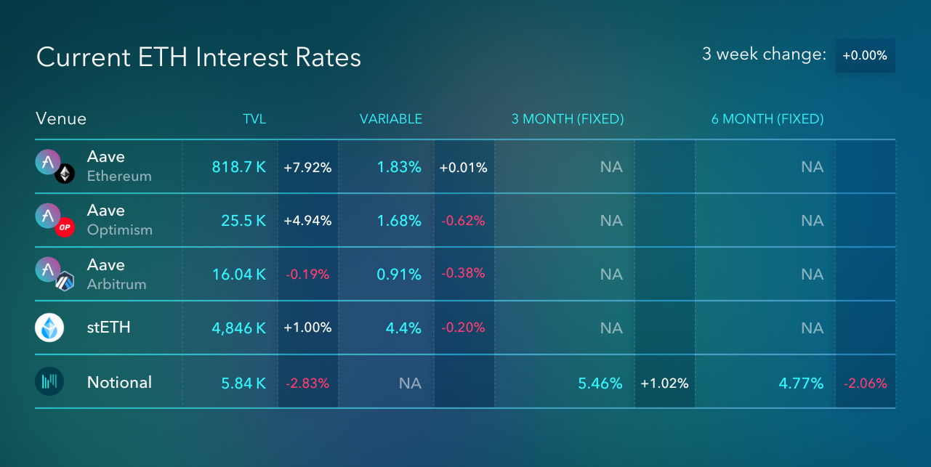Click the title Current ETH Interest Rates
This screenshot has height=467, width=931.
(198, 57)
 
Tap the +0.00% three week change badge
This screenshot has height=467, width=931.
(866, 55)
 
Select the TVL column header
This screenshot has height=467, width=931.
(254, 119)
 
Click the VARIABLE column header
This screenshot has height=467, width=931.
(391, 119)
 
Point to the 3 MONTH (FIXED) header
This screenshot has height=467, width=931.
(568, 119)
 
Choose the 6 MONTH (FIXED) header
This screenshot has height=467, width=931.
(767, 119)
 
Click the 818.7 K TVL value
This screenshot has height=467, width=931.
(239, 167)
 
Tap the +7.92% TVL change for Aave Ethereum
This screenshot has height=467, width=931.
(307, 168)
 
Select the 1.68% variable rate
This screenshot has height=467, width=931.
(399, 221)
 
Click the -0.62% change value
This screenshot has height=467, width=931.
(463, 221)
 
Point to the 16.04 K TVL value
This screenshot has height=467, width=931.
(239, 275)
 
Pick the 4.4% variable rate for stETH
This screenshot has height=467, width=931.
(403, 328)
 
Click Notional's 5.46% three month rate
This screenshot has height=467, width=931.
(600, 383)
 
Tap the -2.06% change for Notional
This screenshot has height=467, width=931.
(866, 383)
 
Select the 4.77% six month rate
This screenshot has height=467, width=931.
(802, 383)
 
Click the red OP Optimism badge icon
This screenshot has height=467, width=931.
(65, 227)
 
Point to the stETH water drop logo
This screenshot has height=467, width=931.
(49, 328)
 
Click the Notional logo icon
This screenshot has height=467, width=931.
(49, 381)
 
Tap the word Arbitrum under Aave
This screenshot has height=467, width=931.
(117, 284)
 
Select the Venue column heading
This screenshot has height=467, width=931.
(61, 119)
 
